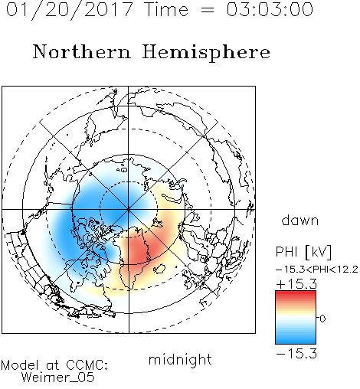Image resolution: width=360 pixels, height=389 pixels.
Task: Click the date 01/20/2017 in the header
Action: click(x=69, y=9)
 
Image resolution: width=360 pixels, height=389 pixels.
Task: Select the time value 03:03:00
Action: click(x=270, y=9)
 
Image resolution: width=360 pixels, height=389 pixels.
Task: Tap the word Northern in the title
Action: click(x=82, y=51)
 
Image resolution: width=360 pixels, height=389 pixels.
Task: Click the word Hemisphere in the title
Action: click(x=206, y=52)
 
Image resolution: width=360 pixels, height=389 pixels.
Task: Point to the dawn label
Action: click(x=300, y=220)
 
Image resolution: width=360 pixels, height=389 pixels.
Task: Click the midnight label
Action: click(x=180, y=360)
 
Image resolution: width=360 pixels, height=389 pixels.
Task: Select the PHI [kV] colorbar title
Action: click(x=304, y=252)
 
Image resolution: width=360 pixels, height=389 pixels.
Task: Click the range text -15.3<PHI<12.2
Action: click(x=317, y=270)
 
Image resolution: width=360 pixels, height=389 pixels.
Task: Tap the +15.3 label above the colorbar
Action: click(x=296, y=284)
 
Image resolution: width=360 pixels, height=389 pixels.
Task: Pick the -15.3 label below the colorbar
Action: click(x=296, y=354)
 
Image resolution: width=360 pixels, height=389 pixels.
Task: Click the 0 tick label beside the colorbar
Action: click(x=322, y=319)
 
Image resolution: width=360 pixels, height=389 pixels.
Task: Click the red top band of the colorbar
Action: click(x=296, y=294)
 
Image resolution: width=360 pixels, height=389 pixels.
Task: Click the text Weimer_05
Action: click(x=58, y=378)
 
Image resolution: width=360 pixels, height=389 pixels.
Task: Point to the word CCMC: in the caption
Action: click(x=87, y=365)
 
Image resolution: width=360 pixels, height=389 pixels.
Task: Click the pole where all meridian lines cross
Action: click(x=129, y=210)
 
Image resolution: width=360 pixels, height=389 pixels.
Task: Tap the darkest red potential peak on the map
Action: click(x=139, y=251)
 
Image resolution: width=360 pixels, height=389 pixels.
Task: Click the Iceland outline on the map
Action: click(x=159, y=269)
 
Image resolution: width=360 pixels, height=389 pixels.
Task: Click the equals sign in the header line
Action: click(x=207, y=10)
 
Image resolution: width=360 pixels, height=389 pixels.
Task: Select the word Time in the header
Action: click(x=166, y=9)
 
